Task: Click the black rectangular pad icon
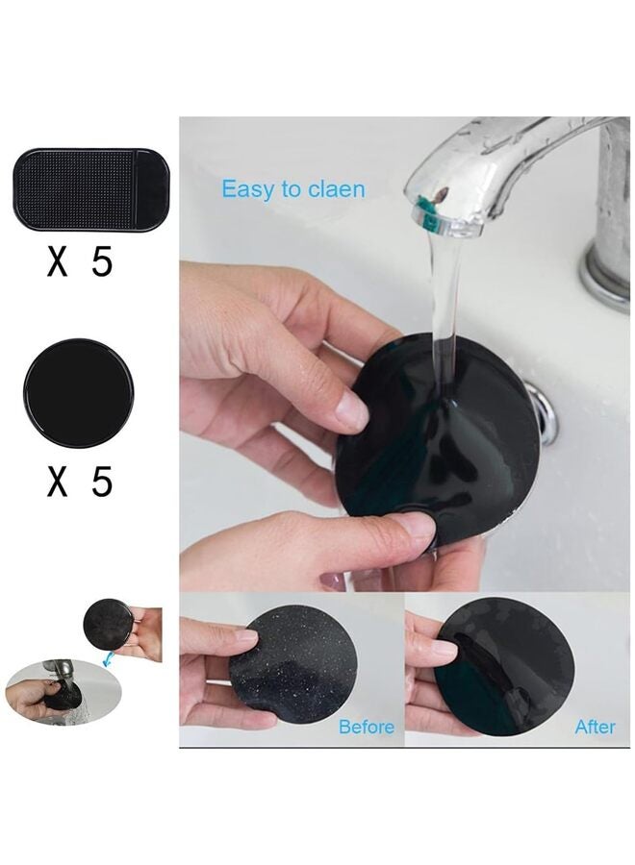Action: pos(91,189)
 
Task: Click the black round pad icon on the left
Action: pos(78,392)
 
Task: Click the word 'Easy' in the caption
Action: pos(248,189)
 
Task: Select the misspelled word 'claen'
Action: pos(337,189)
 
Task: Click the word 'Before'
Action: pos(366,728)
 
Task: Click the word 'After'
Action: pos(595,728)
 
